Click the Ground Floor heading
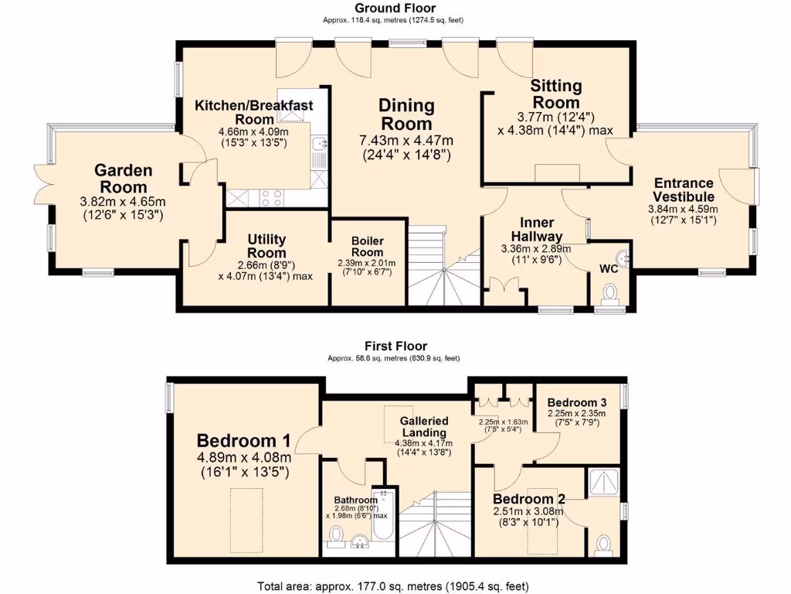(395, 9)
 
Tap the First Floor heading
(395, 346)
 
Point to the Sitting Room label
(555, 94)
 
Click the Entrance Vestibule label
(684, 189)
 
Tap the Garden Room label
(124, 178)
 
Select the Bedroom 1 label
(243, 441)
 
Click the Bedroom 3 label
(576, 403)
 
